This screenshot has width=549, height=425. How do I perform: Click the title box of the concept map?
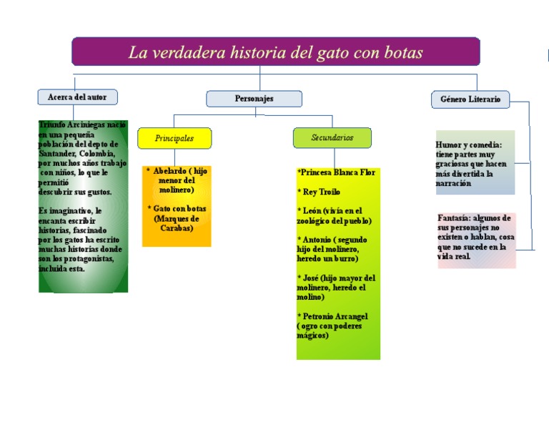click(x=275, y=52)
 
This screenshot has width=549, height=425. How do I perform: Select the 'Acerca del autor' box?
click(x=77, y=97)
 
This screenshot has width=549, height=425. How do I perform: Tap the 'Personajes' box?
click(x=254, y=99)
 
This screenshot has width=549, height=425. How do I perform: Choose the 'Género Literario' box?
click(x=470, y=99)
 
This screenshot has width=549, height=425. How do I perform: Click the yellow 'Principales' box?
click(x=174, y=138)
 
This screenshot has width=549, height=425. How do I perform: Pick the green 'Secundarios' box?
click(x=332, y=137)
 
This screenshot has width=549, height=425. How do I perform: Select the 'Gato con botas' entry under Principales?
click(x=177, y=208)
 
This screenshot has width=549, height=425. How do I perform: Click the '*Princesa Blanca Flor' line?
click(x=336, y=172)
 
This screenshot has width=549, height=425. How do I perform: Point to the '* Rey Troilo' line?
click(x=319, y=192)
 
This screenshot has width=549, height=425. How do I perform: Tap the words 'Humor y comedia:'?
click(x=469, y=145)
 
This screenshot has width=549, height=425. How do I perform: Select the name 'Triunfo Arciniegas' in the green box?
click(x=71, y=124)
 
